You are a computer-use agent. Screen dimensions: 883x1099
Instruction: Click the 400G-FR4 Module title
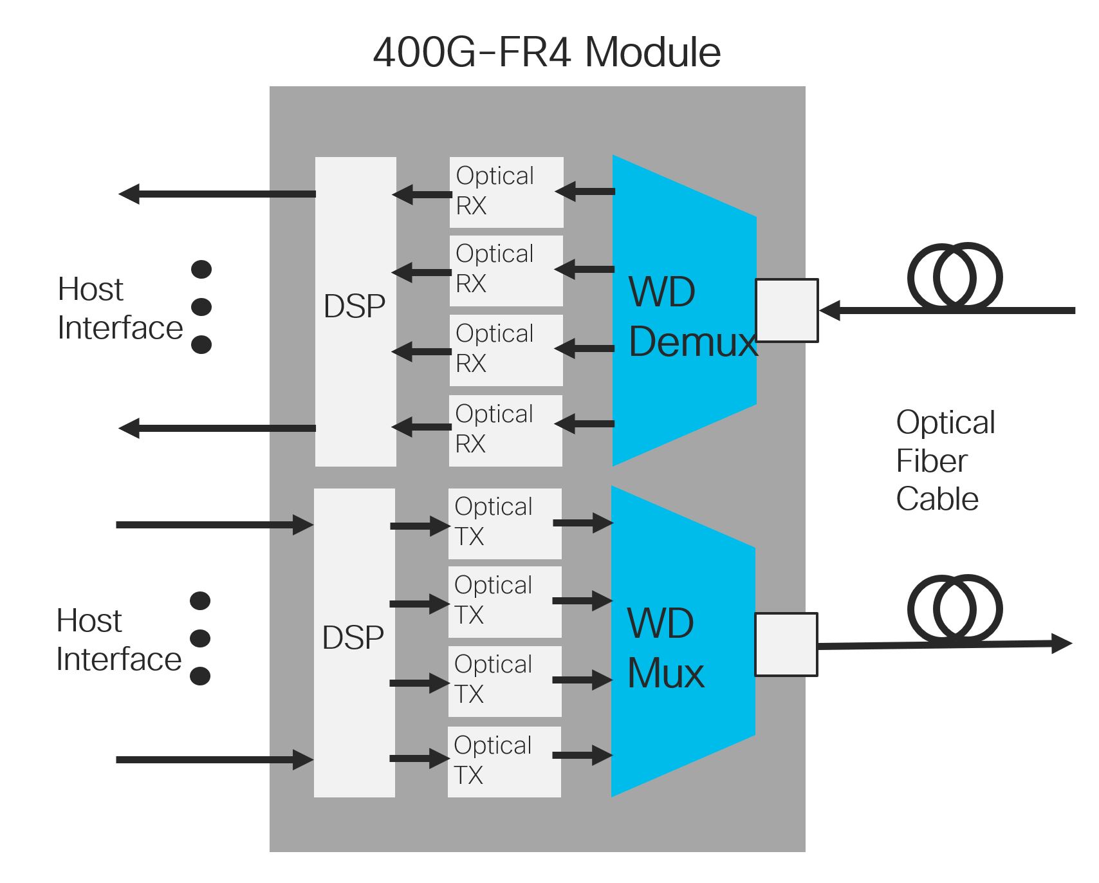[x=547, y=52]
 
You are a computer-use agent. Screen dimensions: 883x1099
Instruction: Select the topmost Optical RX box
[x=506, y=192]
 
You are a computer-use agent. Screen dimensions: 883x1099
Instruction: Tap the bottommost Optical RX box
[x=506, y=431]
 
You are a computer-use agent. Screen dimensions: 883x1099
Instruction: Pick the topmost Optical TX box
[x=505, y=523]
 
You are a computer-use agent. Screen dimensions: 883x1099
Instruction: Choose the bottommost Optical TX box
[x=504, y=761]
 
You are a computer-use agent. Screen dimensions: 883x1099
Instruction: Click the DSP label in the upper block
[x=355, y=306]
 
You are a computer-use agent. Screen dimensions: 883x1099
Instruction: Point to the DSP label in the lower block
[x=353, y=638]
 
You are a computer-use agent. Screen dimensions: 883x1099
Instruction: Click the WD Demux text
[x=692, y=317]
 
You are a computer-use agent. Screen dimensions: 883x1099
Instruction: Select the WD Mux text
[x=665, y=648]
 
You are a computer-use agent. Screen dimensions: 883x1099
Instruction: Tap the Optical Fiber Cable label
[x=945, y=461]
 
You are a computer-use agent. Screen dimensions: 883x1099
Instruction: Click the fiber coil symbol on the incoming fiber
[x=955, y=277]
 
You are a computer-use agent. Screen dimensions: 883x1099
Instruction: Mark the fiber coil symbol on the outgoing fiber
[x=955, y=609]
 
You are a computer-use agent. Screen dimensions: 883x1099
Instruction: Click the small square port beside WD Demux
[x=787, y=310]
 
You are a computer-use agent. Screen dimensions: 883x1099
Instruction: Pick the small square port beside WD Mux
[x=786, y=644]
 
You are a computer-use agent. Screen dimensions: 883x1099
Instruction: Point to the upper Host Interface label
[x=120, y=308]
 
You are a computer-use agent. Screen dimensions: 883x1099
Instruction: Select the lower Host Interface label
[x=118, y=640]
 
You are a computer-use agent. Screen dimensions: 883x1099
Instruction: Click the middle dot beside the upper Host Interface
[x=201, y=307]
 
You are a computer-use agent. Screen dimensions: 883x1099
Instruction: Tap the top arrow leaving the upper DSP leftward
[x=217, y=194]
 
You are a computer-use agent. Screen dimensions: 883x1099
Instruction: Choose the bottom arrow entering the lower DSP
[x=214, y=760]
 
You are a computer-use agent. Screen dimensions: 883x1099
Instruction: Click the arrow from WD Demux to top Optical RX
[x=586, y=191]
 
